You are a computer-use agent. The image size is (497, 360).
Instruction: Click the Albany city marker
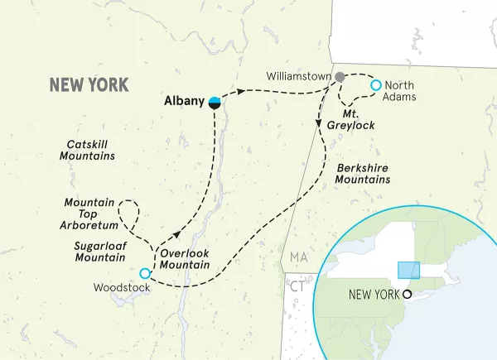point(215,102)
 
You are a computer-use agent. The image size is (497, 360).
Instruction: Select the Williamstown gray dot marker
point(339,77)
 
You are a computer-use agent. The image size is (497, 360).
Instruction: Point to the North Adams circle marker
point(375,84)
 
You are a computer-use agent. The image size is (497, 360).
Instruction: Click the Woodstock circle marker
point(145,273)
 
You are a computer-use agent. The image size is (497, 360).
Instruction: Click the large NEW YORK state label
point(89,84)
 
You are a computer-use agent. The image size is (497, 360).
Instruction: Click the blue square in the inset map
point(408,271)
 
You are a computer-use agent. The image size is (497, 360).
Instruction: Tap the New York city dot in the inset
point(407,294)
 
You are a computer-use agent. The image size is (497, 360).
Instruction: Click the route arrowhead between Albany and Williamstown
point(242,91)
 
